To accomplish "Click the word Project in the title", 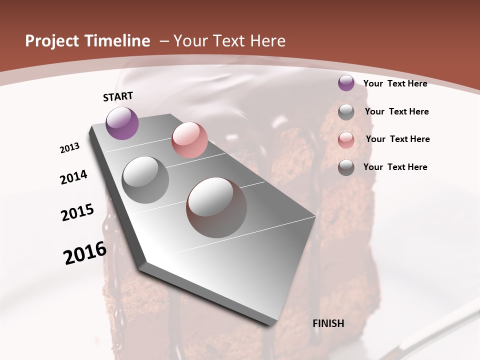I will coord(51,41).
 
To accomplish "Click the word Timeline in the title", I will coord(115,41).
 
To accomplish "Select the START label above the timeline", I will coord(118,96).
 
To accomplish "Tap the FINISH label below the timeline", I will coord(328,323).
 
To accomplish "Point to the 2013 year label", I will coord(70,148).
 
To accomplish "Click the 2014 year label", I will coord(73,177).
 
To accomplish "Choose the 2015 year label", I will coord(77,212).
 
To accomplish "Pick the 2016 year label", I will coord(85,253).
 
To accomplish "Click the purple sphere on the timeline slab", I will coord(122,123).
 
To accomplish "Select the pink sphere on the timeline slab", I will coord(189,140).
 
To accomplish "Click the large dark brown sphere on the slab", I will coord(216,207).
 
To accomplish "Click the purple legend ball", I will coord(346,83).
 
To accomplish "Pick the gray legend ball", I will coord(346,112).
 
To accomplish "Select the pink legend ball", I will coord(346,140).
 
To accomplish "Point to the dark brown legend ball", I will coord(346,167).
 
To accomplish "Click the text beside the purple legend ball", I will coord(395,83).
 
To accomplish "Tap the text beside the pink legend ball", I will coord(397,139).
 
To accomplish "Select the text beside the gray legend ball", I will coord(396,111).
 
